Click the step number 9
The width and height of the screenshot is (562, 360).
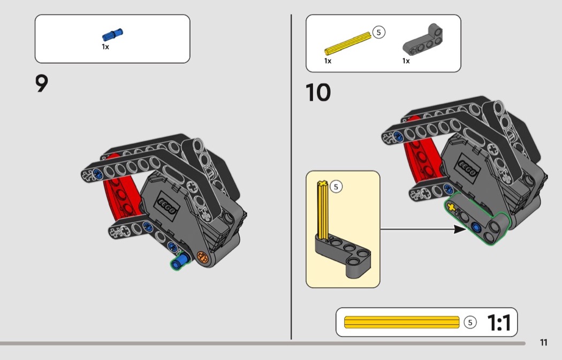pos(42,83)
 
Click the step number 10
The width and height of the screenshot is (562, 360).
pos(318,93)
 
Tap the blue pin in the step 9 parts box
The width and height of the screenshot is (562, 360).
pos(112,35)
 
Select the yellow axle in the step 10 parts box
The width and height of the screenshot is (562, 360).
pos(348,43)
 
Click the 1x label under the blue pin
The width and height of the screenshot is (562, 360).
pos(105,47)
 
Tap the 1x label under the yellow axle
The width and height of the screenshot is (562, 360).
pos(328,61)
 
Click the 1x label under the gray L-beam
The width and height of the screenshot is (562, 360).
pos(406,61)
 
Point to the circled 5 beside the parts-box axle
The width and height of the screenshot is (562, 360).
pos(378,32)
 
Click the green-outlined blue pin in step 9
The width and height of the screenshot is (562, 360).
pos(180,261)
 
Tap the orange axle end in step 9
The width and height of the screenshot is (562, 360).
pos(202,257)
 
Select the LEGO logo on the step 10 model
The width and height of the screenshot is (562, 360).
pos(467,167)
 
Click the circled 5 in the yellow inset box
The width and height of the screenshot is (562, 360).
pos(336,187)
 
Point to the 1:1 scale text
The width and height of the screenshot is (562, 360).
pos(499,323)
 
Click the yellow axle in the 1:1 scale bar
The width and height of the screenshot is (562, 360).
pos(401,322)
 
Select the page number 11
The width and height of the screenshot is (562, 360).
pos(544,342)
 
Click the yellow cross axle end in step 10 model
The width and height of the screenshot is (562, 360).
pos(451,208)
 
